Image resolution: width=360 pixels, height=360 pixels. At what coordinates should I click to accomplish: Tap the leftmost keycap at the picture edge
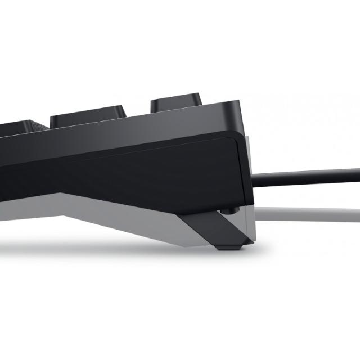(17, 126)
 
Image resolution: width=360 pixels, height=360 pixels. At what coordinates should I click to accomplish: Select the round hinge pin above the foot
(228, 210)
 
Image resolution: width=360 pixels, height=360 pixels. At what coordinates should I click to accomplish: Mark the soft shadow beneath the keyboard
(112, 247)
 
